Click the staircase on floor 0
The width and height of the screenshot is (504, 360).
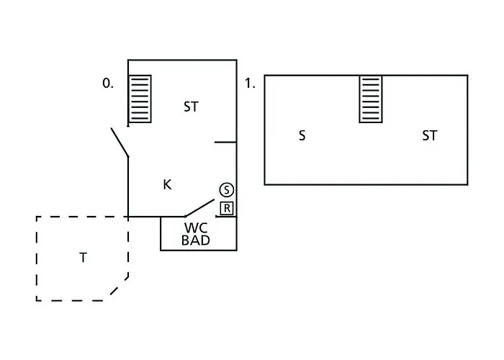(x=140, y=99)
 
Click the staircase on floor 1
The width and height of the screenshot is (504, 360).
(x=372, y=99)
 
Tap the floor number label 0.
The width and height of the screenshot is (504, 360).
(x=107, y=84)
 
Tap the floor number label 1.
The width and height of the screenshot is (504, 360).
(x=250, y=84)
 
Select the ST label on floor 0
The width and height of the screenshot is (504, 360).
(x=191, y=107)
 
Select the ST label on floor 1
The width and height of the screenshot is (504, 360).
(x=429, y=135)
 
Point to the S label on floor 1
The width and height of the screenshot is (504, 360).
(x=302, y=135)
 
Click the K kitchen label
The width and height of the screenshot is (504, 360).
(x=167, y=185)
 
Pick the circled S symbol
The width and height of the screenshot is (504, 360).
(x=227, y=190)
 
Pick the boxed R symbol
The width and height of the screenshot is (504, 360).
(x=227, y=208)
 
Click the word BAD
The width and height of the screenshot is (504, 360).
(x=196, y=240)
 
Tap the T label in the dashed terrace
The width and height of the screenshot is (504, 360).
(x=83, y=257)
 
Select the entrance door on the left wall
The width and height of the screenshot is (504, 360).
(x=120, y=143)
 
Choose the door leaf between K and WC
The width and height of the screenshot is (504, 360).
(x=199, y=208)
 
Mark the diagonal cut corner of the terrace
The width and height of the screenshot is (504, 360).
(x=120, y=287)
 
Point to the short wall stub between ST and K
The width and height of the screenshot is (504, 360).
(x=225, y=143)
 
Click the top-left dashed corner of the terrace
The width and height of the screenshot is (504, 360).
(x=37, y=217)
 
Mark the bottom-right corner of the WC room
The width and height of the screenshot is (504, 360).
(x=236, y=250)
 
